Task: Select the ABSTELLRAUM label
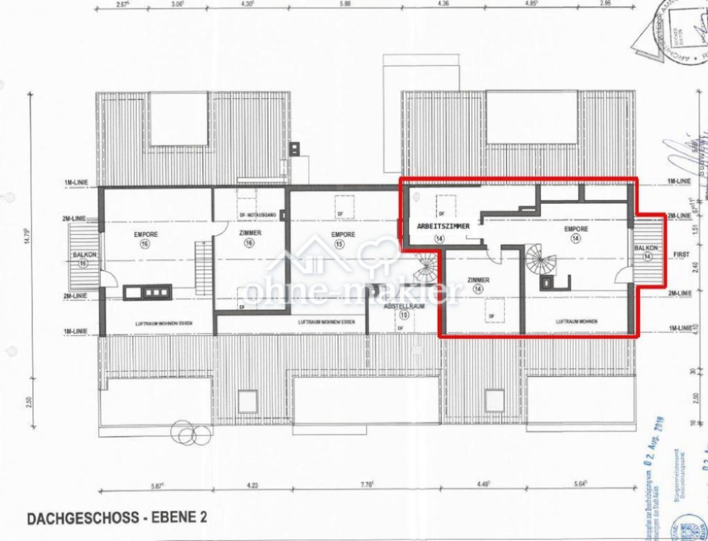(405, 306)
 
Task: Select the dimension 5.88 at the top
(345, 3)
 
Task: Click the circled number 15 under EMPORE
(339, 244)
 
